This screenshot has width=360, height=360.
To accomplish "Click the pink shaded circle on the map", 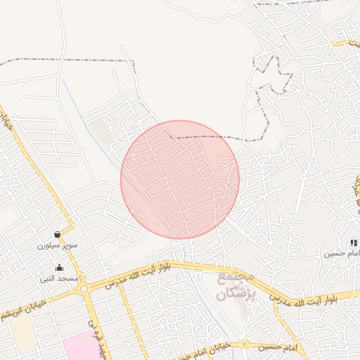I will point(180,180).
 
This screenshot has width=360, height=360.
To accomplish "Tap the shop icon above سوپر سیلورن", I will point(56,234).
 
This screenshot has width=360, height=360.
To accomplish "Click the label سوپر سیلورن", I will point(58,246).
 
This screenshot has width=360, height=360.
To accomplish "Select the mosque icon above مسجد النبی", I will point(59,267).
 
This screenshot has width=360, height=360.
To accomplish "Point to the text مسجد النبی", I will point(59,278).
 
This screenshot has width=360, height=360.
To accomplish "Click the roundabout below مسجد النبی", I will point(84,288).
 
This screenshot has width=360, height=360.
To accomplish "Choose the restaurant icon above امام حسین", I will point(354,243).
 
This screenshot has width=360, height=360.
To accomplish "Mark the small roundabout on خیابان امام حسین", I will point(244,345).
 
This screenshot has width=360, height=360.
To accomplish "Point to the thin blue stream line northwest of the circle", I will point(77,105).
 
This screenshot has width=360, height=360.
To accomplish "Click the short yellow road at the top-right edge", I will point(348,43).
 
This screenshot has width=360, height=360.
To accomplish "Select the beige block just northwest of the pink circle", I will point(100,131).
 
